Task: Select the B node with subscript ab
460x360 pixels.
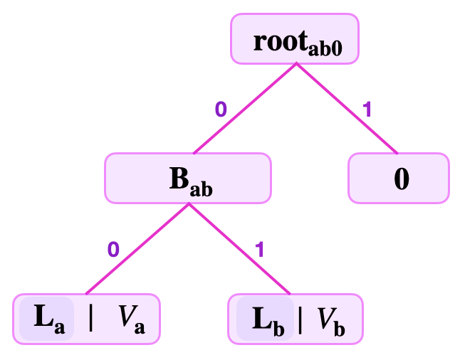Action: (188, 178)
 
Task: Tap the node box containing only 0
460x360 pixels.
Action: (399, 178)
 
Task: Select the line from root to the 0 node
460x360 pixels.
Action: (347, 108)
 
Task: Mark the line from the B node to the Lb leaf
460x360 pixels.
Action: (239, 248)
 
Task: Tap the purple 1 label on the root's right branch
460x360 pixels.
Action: (367, 110)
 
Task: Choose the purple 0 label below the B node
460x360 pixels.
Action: (113, 249)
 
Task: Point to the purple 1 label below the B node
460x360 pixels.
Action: (259, 249)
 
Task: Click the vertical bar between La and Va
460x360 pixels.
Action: (90, 319)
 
